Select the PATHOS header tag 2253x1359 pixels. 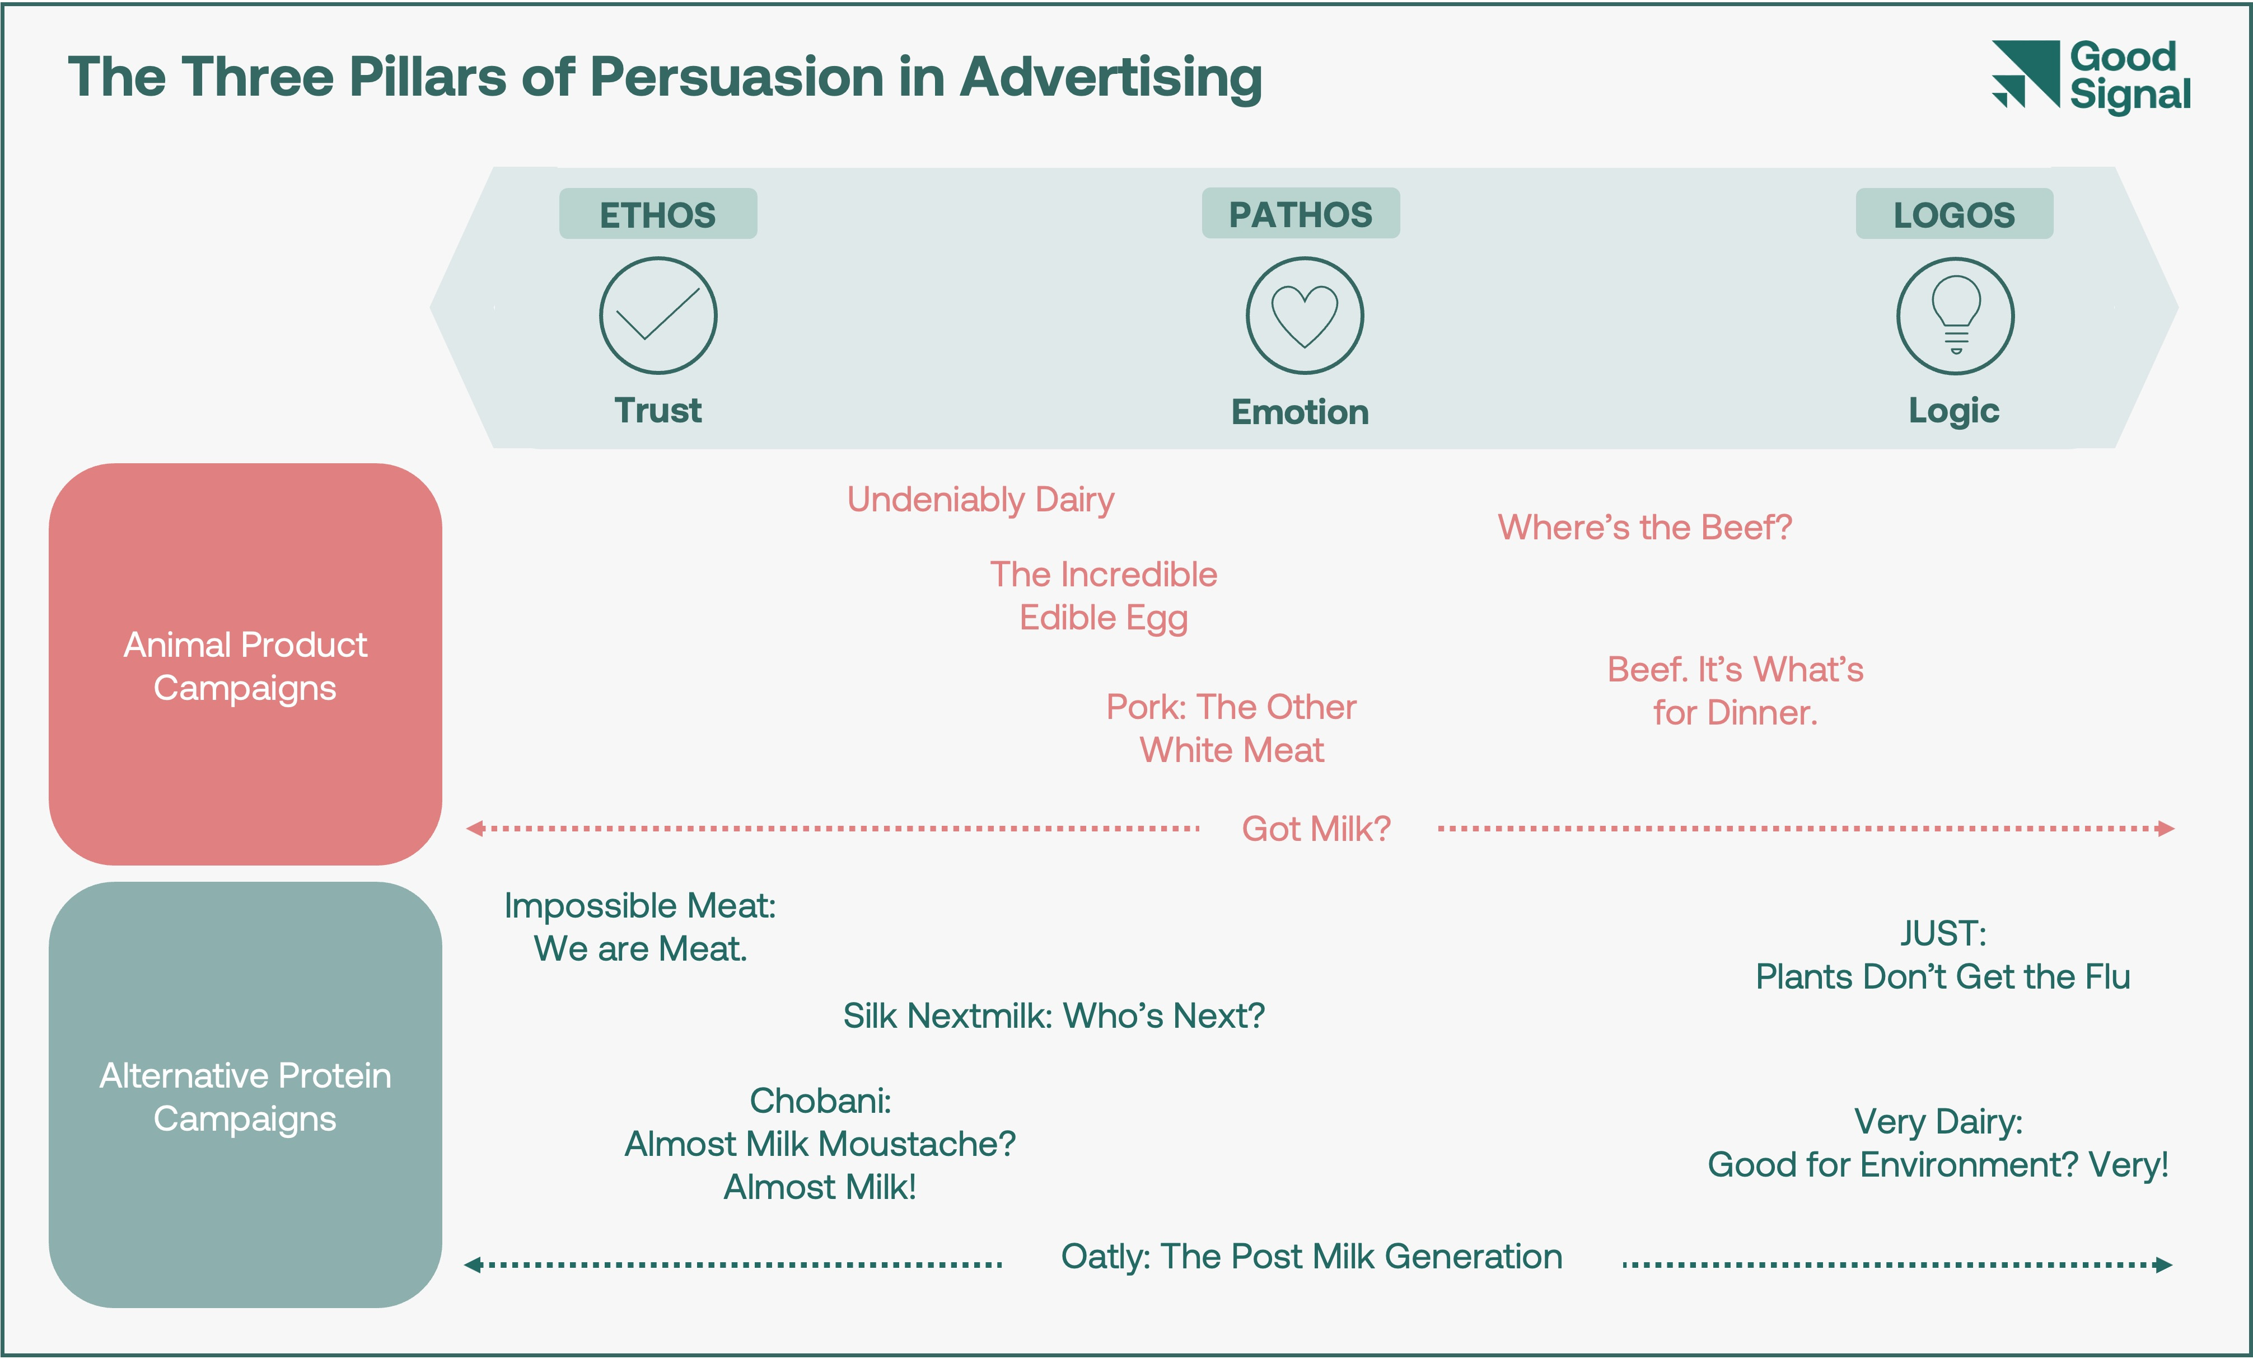(x=1300, y=214)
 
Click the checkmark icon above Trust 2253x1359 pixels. (x=657, y=316)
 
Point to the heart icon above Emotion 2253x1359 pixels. (x=1305, y=316)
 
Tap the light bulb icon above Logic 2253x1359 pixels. (x=1955, y=316)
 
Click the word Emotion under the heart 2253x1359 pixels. (x=1300, y=412)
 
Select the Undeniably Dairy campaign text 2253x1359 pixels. (x=980, y=500)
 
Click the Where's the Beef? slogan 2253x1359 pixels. (x=1644, y=528)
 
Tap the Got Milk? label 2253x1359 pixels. (x=1316, y=829)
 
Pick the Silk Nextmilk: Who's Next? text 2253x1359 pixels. (x=1053, y=1016)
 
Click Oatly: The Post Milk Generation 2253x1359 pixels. (x=1311, y=1257)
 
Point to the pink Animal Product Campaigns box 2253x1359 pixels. (x=245, y=665)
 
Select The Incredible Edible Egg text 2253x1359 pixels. (x=1104, y=596)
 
